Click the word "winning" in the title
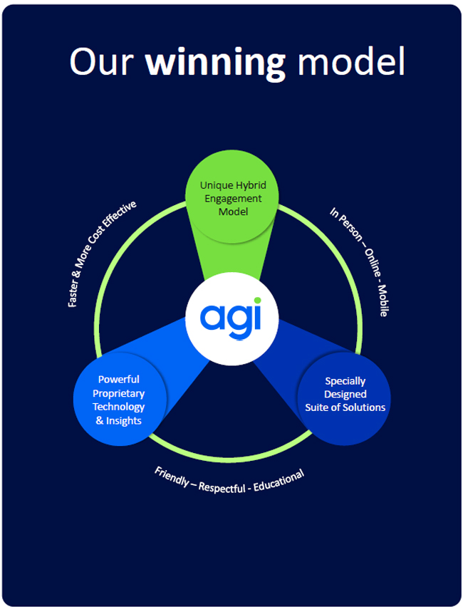click(215, 63)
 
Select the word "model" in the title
click(350, 62)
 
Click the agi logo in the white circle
click(230, 316)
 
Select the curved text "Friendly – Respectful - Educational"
click(229, 482)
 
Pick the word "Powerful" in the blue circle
click(119, 379)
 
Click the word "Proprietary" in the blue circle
click(119, 393)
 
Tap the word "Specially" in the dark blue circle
click(345, 381)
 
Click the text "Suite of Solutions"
click(345, 407)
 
